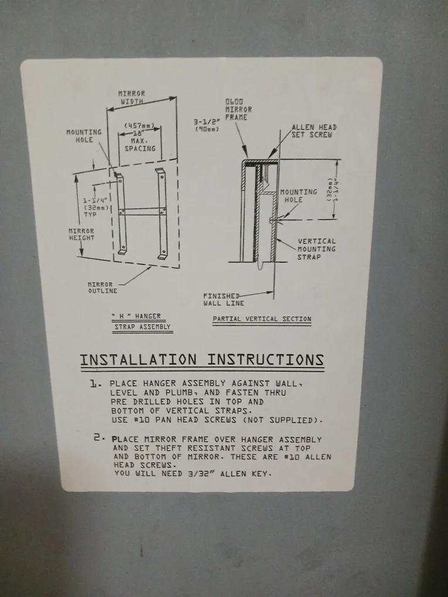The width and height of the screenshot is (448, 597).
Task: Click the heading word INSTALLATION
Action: (x=139, y=360)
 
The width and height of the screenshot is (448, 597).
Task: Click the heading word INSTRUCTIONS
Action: (x=266, y=360)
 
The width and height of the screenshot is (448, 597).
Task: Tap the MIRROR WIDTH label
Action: (x=132, y=97)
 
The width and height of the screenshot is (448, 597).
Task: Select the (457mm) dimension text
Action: (x=139, y=126)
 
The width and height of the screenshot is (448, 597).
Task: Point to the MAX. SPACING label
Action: (x=140, y=145)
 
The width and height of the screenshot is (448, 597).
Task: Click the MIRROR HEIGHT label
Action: (x=81, y=234)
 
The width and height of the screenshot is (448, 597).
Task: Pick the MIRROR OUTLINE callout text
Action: (x=102, y=287)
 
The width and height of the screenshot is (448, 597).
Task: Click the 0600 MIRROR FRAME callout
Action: (x=238, y=109)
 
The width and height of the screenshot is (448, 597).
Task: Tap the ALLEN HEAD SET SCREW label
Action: (x=314, y=131)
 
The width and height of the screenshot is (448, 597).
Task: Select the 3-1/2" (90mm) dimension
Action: (x=207, y=125)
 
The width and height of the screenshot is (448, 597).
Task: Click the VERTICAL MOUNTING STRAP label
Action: (x=317, y=249)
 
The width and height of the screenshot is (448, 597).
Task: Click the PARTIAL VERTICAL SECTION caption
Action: (x=262, y=319)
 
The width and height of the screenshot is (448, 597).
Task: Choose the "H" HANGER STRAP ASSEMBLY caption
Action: (x=142, y=321)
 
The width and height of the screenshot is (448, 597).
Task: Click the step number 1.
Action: (x=94, y=383)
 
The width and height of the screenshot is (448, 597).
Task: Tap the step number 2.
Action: (x=98, y=438)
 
